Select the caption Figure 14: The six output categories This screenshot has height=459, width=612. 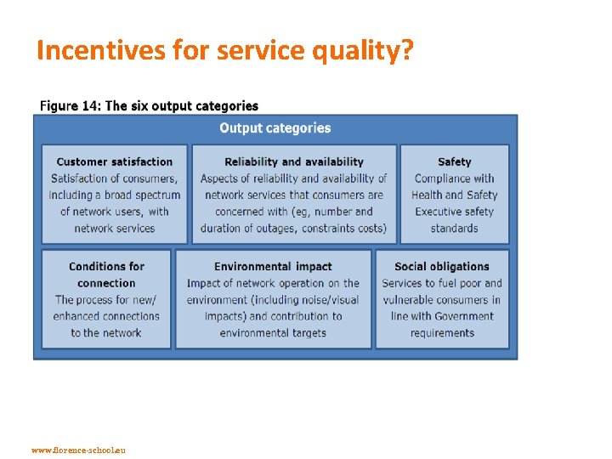click(x=149, y=106)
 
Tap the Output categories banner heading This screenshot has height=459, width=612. click(x=275, y=128)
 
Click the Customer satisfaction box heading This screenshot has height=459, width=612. click(x=114, y=161)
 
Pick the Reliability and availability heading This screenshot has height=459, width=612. click(x=293, y=161)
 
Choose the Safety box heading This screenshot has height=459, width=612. click(x=454, y=161)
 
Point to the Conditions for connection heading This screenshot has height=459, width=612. click(x=106, y=274)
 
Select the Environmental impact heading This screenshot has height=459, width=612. click(x=273, y=266)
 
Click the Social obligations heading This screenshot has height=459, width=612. click(x=441, y=266)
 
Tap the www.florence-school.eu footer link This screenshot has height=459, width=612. click(x=77, y=449)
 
